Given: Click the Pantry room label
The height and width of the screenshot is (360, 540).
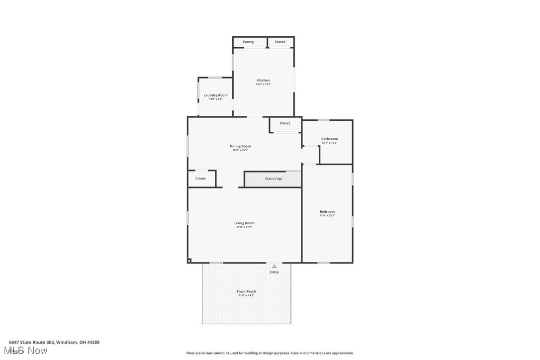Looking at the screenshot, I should tap(248, 42).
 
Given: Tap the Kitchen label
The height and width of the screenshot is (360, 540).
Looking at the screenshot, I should tap(264, 80).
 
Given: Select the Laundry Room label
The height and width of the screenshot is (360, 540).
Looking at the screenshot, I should tap(215, 95).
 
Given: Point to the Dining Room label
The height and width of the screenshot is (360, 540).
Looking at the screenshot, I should tap(240, 146).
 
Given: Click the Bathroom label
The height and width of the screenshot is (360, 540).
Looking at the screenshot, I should tap(329, 139).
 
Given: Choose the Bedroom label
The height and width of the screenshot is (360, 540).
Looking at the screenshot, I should tap(327, 211).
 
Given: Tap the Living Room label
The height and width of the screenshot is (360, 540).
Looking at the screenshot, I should tap(244, 223).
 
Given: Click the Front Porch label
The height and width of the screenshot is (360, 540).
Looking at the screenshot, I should tap(246, 291).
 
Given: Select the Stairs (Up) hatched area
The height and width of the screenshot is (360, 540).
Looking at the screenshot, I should tap(273, 179).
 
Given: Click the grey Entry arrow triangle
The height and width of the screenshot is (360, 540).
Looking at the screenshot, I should tap(274, 267).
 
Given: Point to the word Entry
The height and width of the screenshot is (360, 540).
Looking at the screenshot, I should tap(274, 272).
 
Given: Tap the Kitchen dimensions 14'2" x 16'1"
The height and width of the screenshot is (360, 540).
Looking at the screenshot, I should tap(264, 84).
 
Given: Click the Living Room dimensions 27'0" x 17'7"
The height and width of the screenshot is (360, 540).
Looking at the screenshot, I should tap(244, 227).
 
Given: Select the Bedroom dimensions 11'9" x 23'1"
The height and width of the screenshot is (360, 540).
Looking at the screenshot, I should tap(327, 215).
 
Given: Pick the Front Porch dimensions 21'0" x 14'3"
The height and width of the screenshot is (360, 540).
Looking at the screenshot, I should tap(246, 295).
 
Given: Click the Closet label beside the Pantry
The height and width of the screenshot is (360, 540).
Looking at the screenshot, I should tap(280, 42).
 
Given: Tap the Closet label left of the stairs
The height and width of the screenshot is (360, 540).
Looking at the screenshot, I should tap(200, 178).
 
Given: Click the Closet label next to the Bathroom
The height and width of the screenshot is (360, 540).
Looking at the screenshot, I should tap(284, 123).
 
